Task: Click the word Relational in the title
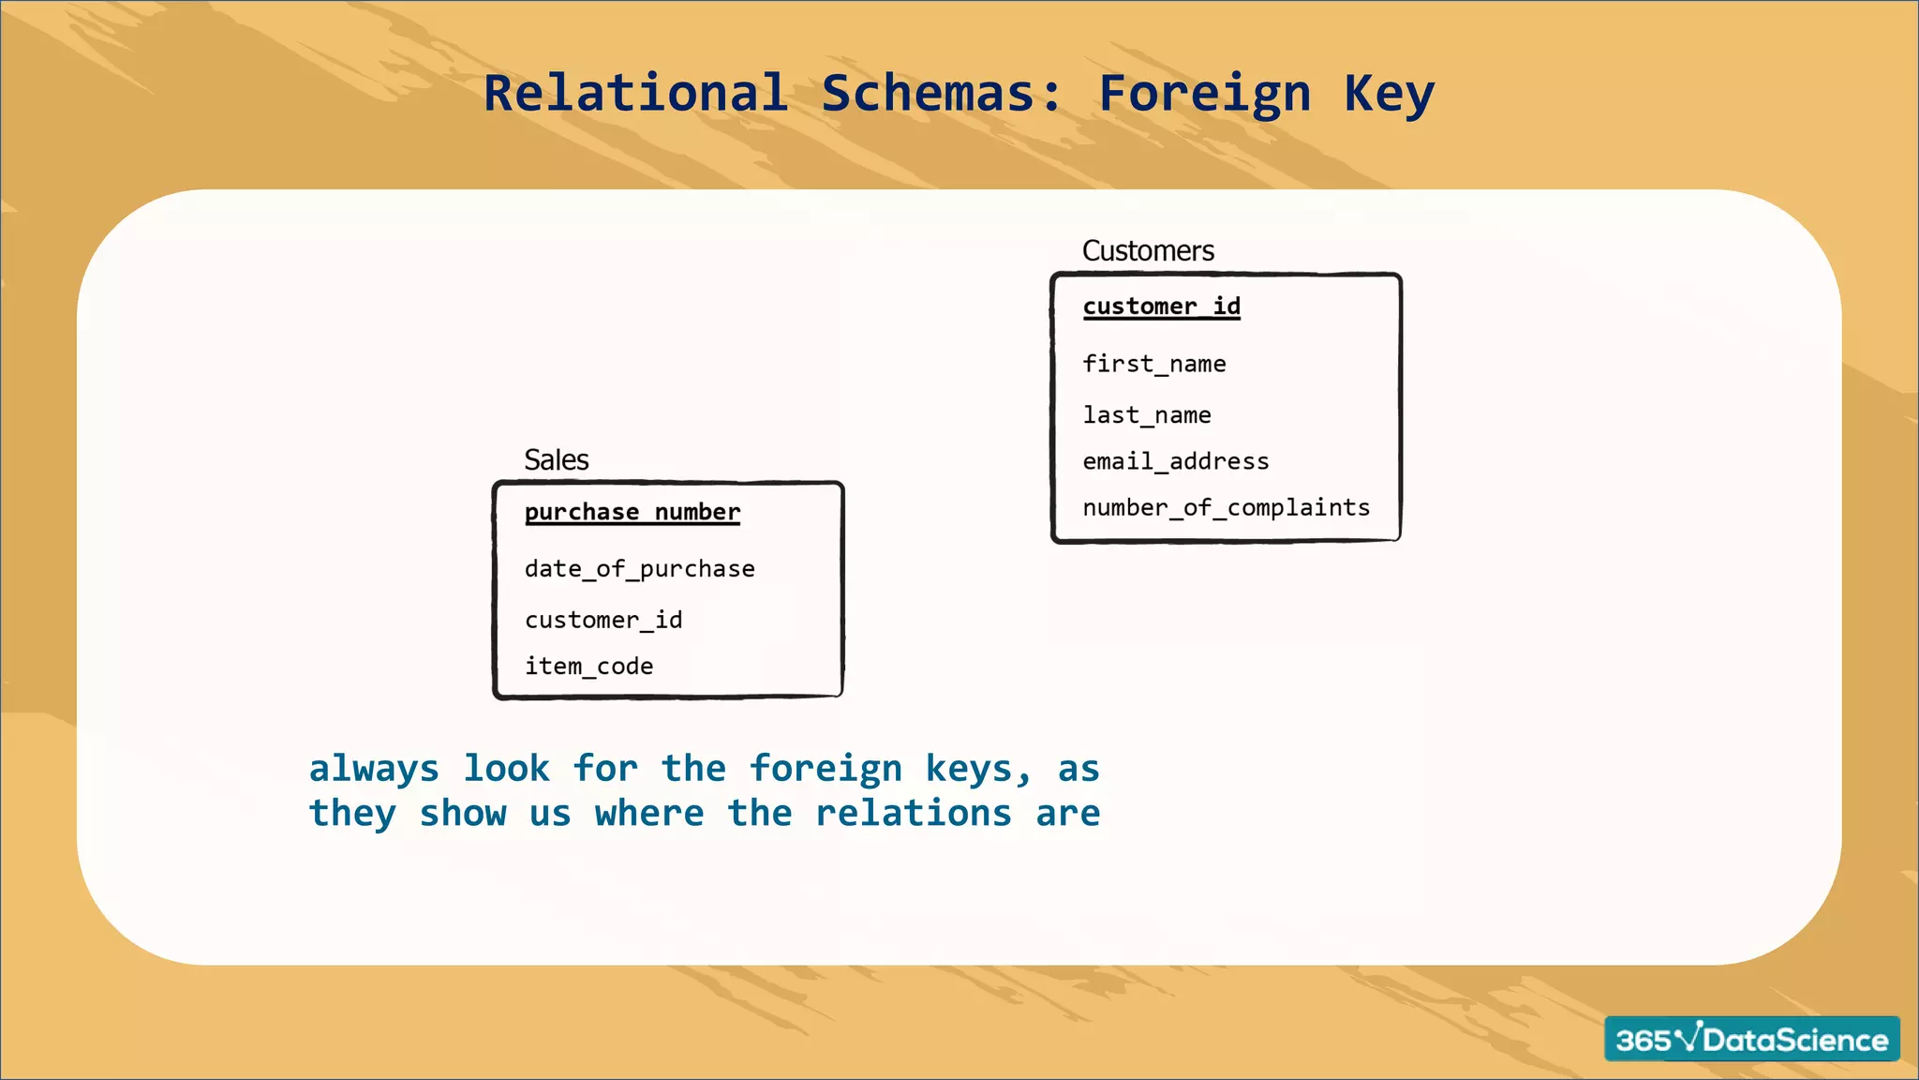click(x=635, y=94)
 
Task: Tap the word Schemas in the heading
click(x=942, y=94)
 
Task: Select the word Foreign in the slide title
click(x=1204, y=94)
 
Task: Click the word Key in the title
click(x=1389, y=94)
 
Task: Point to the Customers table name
click(x=1148, y=251)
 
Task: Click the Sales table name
click(x=557, y=460)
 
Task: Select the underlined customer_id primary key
click(x=1161, y=307)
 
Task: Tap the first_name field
click(x=1153, y=364)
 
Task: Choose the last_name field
click(x=1146, y=415)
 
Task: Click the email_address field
click(x=1175, y=461)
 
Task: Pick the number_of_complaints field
click(x=1226, y=507)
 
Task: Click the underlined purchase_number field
click(x=632, y=512)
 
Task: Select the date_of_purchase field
click(x=639, y=569)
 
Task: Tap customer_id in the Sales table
click(x=603, y=620)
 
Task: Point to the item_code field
click(x=588, y=667)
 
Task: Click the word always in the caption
click(x=374, y=769)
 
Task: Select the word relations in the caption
click(x=914, y=813)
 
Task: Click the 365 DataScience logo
click(x=1751, y=1039)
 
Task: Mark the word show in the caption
click(x=463, y=813)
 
